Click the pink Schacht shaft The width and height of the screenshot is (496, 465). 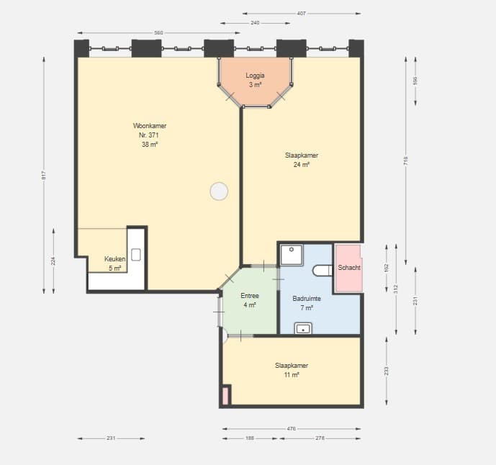click(x=348, y=268)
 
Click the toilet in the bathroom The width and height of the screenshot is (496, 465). click(x=323, y=271)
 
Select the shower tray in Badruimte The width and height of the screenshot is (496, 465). click(x=292, y=255)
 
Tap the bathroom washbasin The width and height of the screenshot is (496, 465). click(x=303, y=328)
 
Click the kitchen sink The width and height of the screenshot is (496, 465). click(x=136, y=255)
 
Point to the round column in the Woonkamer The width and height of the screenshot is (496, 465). click(x=219, y=191)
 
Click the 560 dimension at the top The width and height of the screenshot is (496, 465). click(x=158, y=33)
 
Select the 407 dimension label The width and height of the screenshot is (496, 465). click(x=302, y=14)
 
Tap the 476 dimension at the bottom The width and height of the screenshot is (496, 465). click(x=292, y=429)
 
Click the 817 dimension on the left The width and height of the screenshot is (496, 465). click(x=44, y=175)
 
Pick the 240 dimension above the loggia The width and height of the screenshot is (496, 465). click(x=255, y=23)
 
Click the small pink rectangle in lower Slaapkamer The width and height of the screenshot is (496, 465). click(x=225, y=396)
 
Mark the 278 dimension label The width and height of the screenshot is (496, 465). click(x=320, y=438)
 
